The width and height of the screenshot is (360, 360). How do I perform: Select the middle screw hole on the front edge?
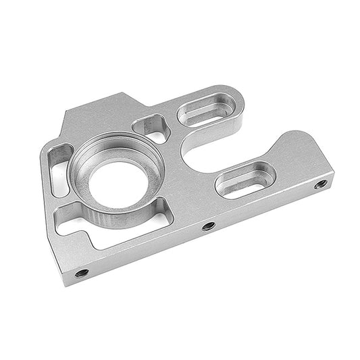point(208,226)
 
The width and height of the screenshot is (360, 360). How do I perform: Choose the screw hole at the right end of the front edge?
point(321,183)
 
